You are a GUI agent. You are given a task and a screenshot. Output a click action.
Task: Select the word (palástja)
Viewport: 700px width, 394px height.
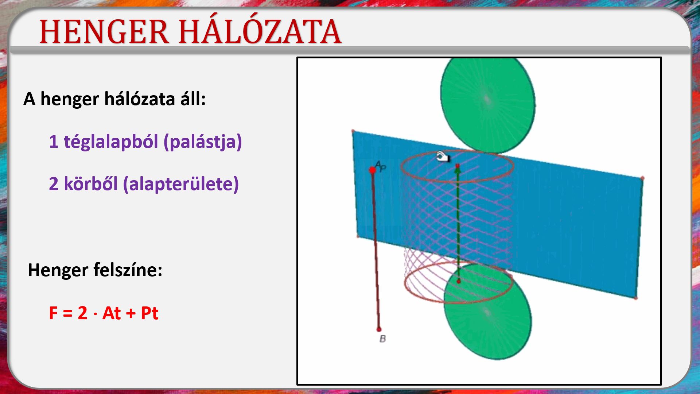(203, 142)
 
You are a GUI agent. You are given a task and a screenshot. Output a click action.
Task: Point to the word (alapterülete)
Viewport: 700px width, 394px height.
(181, 184)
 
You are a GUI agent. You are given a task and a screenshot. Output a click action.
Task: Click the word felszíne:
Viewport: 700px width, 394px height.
(128, 270)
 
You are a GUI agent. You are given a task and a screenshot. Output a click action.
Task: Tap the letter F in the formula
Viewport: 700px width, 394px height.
(53, 313)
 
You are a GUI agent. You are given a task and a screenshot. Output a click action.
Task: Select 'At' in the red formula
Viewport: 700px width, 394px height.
(112, 313)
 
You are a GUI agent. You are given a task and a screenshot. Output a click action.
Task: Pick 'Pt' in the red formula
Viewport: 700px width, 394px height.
(149, 313)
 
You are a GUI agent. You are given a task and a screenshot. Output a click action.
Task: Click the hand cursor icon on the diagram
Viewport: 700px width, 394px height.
(443, 157)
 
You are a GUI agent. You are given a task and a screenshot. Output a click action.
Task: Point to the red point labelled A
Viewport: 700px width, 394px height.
(372, 170)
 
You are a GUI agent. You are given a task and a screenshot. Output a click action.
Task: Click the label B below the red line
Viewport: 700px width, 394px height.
(382, 339)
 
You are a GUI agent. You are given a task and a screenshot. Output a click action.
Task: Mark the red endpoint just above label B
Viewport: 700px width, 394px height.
(379, 329)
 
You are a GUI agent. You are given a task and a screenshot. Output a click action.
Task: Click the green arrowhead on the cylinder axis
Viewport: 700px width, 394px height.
(458, 167)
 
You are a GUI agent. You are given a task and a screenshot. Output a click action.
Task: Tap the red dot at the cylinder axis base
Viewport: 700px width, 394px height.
(459, 281)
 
